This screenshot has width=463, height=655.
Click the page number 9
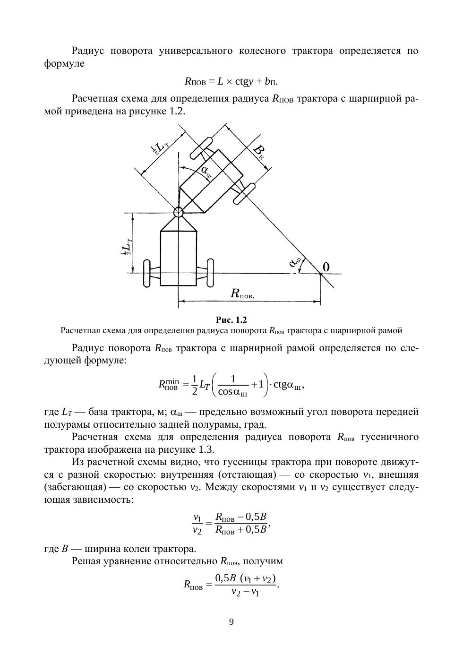pyautogui.click(x=231, y=622)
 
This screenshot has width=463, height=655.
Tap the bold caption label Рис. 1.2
pyautogui.click(x=231, y=319)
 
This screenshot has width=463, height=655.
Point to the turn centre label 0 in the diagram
pyautogui.click(x=326, y=267)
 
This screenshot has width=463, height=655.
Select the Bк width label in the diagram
pyautogui.click(x=258, y=152)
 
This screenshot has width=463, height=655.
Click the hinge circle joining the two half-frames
pyautogui.click(x=178, y=212)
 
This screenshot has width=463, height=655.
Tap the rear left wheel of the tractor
pyautogui.click(x=146, y=273)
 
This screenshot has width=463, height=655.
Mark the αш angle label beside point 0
pyautogui.click(x=297, y=262)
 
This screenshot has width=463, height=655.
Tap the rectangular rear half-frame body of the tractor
pyautogui.click(x=178, y=258)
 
